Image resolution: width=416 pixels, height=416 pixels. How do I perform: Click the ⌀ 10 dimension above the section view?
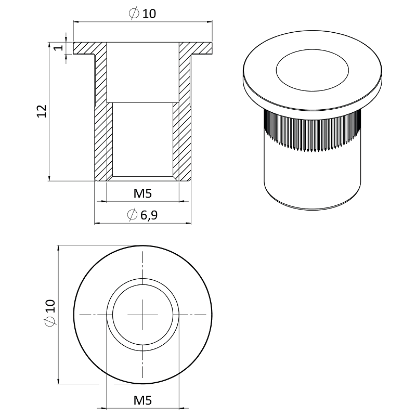[x=142, y=14]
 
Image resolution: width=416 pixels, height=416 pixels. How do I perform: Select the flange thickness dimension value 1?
[x=59, y=47]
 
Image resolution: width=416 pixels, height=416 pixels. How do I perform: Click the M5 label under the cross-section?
[x=142, y=194]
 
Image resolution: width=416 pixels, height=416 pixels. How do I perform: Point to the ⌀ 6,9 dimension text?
[x=142, y=215]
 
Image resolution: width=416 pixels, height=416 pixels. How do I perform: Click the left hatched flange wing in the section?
[x=85, y=49]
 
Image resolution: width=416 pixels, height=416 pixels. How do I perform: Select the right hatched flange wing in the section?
[x=200, y=49]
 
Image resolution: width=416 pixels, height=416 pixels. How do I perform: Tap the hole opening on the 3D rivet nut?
[x=313, y=72]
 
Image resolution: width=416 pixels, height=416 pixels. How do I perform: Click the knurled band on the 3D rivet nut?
[x=312, y=133]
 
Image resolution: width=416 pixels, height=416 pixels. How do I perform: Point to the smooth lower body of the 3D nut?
[x=312, y=179]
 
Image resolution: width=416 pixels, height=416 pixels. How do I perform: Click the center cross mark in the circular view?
[x=142, y=315]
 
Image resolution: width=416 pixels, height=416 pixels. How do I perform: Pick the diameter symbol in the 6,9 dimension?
[x=132, y=215]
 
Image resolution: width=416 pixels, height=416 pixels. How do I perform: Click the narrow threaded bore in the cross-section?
[x=142, y=140]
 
